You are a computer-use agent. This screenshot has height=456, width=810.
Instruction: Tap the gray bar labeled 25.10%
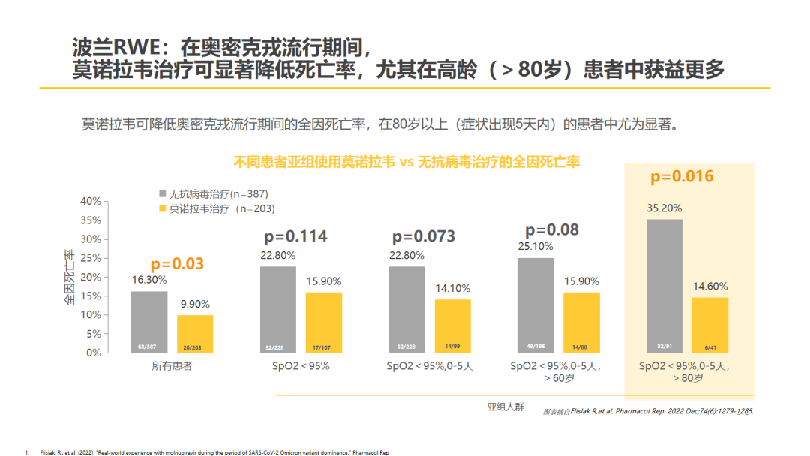pos(535,304)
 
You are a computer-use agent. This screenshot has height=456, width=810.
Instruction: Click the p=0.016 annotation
pos(682,177)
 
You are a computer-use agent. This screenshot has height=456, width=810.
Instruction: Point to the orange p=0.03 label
pos(177,264)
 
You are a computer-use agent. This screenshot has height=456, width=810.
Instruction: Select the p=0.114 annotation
pos(295,236)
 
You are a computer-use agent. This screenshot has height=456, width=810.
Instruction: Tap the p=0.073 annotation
pos(424,236)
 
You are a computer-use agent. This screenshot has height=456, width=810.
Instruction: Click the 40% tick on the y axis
pos(90,201)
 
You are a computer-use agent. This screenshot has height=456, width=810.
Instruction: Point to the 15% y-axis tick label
pos(90,295)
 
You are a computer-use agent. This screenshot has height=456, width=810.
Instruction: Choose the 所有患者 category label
pos(172,366)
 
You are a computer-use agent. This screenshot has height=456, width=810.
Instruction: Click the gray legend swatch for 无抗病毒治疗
pos(163,194)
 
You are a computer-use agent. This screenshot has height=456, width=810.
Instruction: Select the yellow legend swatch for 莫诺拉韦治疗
pos(163,209)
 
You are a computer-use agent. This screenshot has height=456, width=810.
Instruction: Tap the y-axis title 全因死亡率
pos(69,277)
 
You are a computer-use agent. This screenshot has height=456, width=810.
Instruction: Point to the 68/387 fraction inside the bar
pos(148,346)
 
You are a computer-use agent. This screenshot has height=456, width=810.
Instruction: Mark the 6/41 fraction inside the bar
pos(709,346)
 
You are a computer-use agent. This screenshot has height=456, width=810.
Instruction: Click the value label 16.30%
pos(148,278)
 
